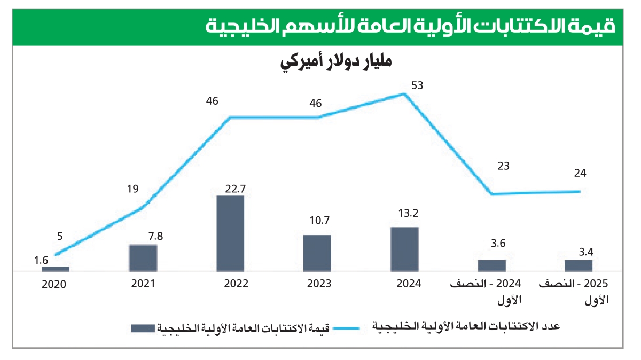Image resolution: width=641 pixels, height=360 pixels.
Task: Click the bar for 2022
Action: pyautogui.click(x=230, y=233)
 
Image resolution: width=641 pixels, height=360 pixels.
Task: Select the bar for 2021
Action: pyautogui.click(x=143, y=258)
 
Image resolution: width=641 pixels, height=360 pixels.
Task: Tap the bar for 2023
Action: pyautogui.click(x=317, y=253)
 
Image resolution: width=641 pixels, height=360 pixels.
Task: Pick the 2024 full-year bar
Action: pyautogui.click(x=404, y=249)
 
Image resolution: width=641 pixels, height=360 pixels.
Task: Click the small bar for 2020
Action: pyautogui.click(x=56, y=269)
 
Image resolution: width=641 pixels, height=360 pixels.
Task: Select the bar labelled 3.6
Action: pyautogui.click(x=491, y=265)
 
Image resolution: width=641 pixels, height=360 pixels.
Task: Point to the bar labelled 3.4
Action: pyautogui.click(x=579, y=265)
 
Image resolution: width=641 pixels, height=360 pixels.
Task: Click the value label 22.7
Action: pyautogui.click(x=231, y=189)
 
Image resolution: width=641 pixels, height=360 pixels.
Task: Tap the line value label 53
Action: pyautogui.click(x=417, y=85)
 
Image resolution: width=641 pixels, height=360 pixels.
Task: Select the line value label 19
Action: pyautogui.click(x=133, y=188)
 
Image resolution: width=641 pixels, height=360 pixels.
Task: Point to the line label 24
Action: pyautogui.click(x=580, y=173)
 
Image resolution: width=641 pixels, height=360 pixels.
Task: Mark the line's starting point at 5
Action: pyautogui.click(x=56, y=255)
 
